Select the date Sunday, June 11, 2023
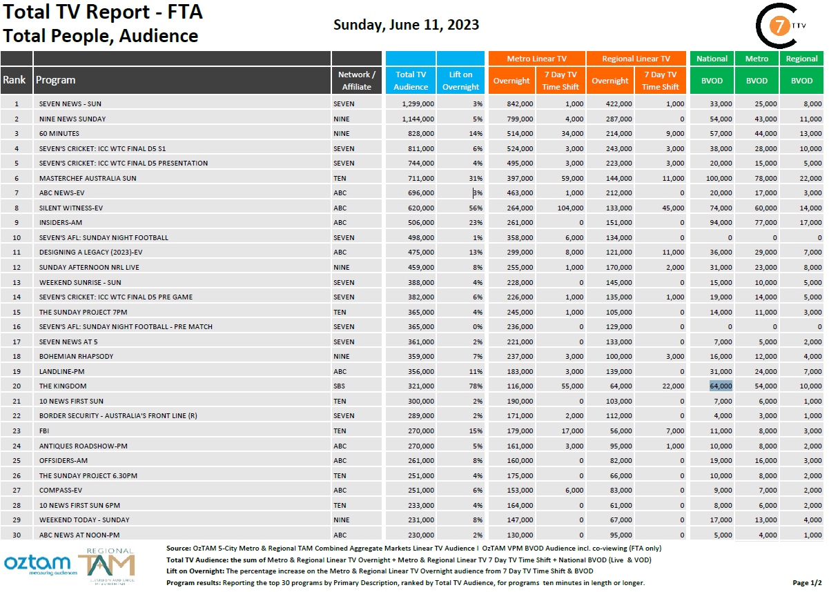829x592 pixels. click(406, 26)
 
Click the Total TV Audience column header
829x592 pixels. click(411, 80)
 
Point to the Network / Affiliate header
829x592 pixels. click(356, 80)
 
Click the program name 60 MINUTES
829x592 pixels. click(59, 133)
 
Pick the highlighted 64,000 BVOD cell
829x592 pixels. click(721, 386)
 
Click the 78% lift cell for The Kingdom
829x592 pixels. click(475, 386)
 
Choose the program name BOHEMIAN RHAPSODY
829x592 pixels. click(76, 356)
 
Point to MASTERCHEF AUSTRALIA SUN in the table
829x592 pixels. click(88, 178)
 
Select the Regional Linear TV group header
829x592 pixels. click(636, 59)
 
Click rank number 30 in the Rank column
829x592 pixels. click(17, 535)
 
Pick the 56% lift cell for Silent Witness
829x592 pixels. click(475, 208)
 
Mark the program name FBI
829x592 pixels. click(45, 431)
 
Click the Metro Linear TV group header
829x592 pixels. click(536, 59)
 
